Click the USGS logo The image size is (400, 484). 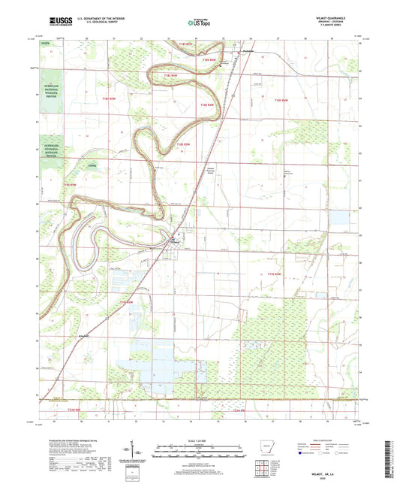(x=58, y=22)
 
